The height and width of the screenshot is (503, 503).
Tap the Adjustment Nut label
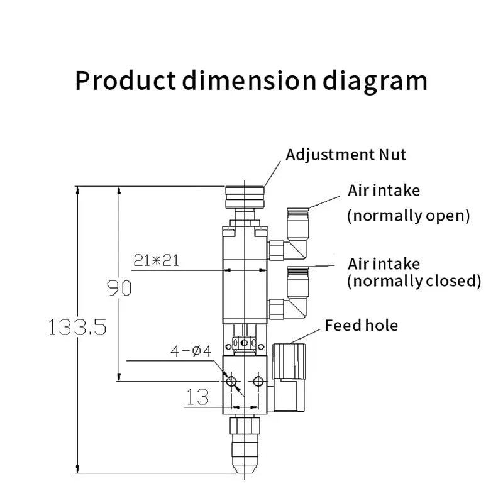[346, 155]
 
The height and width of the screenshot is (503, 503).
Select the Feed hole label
[361, 325]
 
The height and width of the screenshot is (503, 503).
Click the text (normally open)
[409, 216]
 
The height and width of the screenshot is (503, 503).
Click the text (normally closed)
[414, 280]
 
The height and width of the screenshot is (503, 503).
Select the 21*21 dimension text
[156, 260]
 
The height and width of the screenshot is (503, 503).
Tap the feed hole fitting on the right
[291, 375]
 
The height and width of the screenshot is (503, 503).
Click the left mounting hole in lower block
[231, 381]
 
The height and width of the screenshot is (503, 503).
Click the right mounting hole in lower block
[257, 381]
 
